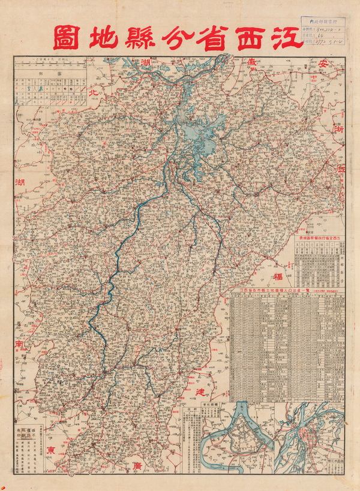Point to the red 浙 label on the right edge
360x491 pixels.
tap(340, 129)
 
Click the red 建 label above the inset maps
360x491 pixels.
tap(201, 390)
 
